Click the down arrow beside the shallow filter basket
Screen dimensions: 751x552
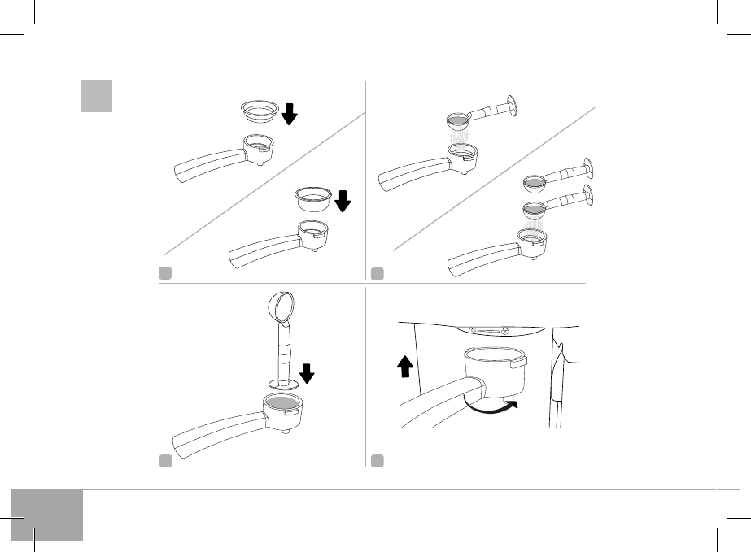click(290, 114)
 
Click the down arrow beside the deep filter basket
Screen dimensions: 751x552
click(343, 200)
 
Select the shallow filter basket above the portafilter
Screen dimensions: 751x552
click(260, 111)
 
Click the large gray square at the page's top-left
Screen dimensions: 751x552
click(96, 97)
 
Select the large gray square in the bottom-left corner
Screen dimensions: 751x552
click(48, 515)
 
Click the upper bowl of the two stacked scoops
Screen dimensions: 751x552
click(533, 181)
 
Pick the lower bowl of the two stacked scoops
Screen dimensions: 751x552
click(533, 209)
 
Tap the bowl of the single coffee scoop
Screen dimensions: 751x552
click(457, 120)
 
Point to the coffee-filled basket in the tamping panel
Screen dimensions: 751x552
click(281, 403)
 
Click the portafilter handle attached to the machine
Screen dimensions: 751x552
click(431, 398)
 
